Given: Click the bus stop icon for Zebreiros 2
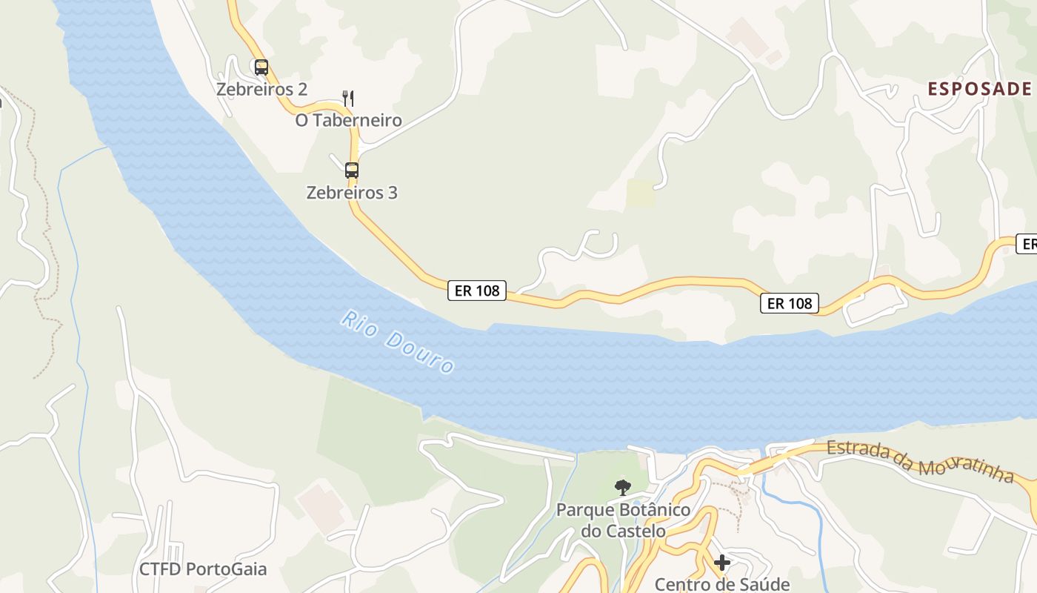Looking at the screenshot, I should click(x=261, y=67).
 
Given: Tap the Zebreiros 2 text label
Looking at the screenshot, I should click(x=261, y=90).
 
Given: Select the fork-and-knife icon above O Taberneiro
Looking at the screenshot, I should click(x=348, y=98).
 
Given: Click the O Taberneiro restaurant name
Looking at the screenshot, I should click(x=348, y=120).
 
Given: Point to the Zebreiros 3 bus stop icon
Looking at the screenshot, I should click(x=352, y=170).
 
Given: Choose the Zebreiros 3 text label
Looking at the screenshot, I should click(x=352, y=193).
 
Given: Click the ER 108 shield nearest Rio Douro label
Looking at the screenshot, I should click(x=477, y=291).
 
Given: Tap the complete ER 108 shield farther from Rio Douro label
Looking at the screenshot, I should click(x=789, y=302).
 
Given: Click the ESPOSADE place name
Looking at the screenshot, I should click(x=979, y=89).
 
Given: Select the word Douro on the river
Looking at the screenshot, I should click(x=419, y=353).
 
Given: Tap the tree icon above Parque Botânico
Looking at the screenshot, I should click(x=623, y=487).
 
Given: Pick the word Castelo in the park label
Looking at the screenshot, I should click(x=633, y=531).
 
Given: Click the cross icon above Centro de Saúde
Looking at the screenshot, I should click(x=722, y=563).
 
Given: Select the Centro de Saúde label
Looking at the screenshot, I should click(x=722, y=584).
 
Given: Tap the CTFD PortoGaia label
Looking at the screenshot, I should click(x=203, y=569).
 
